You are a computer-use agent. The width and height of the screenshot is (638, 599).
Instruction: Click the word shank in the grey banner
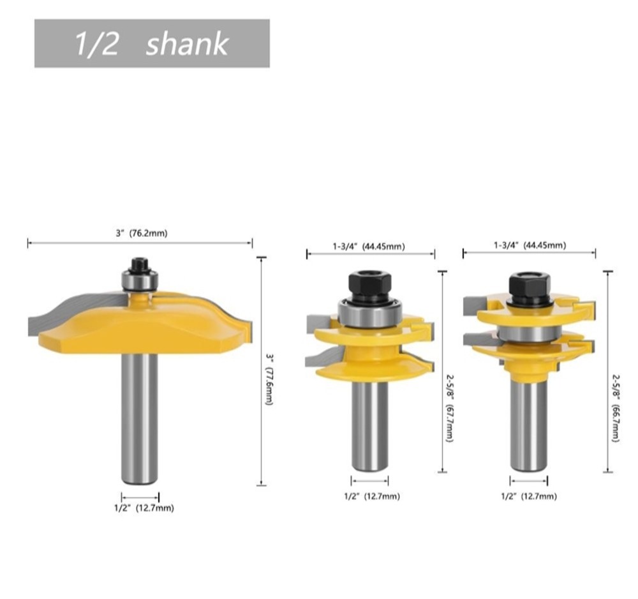click(x=187, y=44)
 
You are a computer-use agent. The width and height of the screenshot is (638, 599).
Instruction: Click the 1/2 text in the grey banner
click(x=96, y=44)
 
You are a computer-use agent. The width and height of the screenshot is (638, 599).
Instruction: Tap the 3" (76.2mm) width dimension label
click(x=141, y=233)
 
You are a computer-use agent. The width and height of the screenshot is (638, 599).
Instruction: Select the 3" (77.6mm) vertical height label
click(x=269, y=378)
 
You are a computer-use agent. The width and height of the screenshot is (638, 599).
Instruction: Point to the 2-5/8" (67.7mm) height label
click(x=449, y=407)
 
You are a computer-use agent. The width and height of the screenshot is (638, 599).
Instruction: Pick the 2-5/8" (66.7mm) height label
click(x=616, y=407)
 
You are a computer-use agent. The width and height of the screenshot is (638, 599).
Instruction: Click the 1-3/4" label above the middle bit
click(x=345, y=246)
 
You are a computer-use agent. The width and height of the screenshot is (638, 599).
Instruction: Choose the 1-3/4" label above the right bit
click(x=507, y=245)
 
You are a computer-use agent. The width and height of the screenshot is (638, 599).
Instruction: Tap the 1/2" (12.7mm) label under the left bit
click(x=144, y=508)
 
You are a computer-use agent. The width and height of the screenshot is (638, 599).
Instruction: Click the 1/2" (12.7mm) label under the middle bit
click(x=372, y=496)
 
